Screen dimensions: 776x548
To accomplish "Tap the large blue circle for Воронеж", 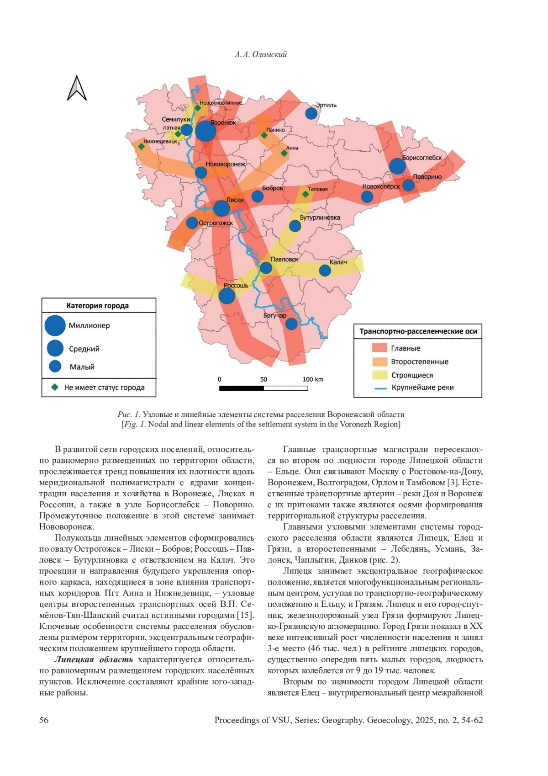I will pyautogui.click(x=205, y=131).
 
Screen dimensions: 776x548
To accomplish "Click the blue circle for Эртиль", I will pyautogui.click(x=311, y=113).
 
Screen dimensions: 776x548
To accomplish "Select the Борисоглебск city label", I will pyautogui.click(x=422, y=158).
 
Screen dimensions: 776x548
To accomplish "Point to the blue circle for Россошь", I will pyautogui.click(x=227, y=296).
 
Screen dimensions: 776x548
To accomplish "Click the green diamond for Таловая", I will pyautogui.click(x=306, y=194).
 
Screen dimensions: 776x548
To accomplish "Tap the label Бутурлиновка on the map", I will pyautogui.click(x=320, y=218).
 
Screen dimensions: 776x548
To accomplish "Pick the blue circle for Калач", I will pyautogui.click(x=325, y=271).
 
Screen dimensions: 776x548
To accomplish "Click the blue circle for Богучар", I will pyautogui.click(x=291, y=324).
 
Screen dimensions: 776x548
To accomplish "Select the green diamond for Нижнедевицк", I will pyautogui.click(x=142, y=147).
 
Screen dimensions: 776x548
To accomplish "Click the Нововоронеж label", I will pyautogui.click(x=226, y=164).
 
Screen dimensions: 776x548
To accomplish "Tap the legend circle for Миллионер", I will pyautogui.click(x=55, y=325).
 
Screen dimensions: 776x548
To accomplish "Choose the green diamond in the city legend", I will pyautogui.click(x=55, y=387).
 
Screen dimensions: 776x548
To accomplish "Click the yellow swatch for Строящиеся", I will pyautogui.click(x=379, y=375).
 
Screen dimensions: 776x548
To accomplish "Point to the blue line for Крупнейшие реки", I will pyautogui.click(x=380, y=388).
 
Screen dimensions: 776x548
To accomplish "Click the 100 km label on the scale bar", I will pyautogui.click(x=313, y=379).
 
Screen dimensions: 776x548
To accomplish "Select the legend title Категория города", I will pyautogui.click(x=98, y=306).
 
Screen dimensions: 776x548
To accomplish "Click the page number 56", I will pyautogui.click(x=44, y=720).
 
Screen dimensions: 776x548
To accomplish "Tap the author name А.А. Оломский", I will pyautogui.click(x=261, y=54).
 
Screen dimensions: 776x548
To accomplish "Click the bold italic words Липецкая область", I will pyautogui.click(x=94, y=659).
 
